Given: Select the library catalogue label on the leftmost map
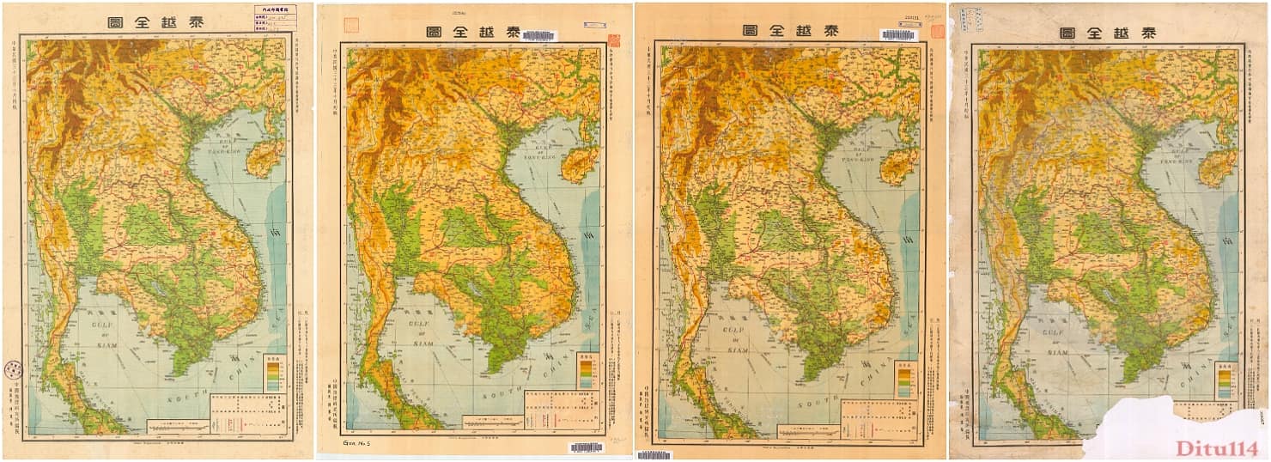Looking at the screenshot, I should click(x=275, y=19).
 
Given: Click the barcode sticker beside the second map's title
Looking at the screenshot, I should click(x=538, y=35).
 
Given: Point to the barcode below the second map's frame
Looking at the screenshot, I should click(x=586, y=447).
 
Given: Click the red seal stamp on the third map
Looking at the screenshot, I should click(x=937, y=32).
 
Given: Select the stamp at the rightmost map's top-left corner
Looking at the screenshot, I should click(x=974, y=20).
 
